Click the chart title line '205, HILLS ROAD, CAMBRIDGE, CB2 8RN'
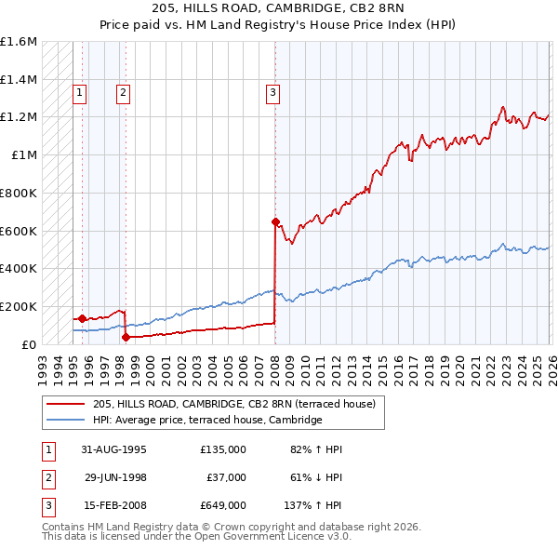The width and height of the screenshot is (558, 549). pos(279,7)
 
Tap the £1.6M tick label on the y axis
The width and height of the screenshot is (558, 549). pos(19,42)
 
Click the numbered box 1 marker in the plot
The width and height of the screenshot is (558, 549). pos(80,91)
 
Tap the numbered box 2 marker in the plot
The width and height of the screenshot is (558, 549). pos(123,91)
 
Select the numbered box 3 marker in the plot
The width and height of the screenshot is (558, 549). pos(272,91)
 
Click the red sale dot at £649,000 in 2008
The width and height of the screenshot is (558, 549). pos(275,221)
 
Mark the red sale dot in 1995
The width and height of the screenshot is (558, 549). pos(83,318)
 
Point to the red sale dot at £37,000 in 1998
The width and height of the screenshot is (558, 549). pos(126,337)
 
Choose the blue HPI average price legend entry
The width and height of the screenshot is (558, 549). pos(206,421)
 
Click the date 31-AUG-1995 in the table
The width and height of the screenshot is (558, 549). pos(115,449)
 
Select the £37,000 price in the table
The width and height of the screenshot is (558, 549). pos(226,477)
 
